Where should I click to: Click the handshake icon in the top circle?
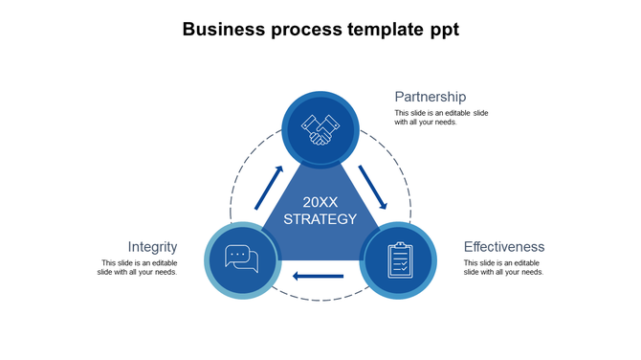click(320, 128)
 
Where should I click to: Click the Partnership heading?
click(431, 97)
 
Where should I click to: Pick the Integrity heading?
click(152, 247)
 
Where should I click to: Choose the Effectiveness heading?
click(504, 247)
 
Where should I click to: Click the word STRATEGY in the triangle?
click(320, 219)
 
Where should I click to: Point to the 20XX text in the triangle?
click(320, 202)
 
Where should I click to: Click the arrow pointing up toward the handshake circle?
click(270, 188)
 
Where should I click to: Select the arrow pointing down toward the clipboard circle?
click(372, 188)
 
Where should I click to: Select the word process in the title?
click(305, 30)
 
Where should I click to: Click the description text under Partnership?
click(441, 117)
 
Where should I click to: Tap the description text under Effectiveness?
click(503, 267)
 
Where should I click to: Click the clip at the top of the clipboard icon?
click(399, 246)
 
